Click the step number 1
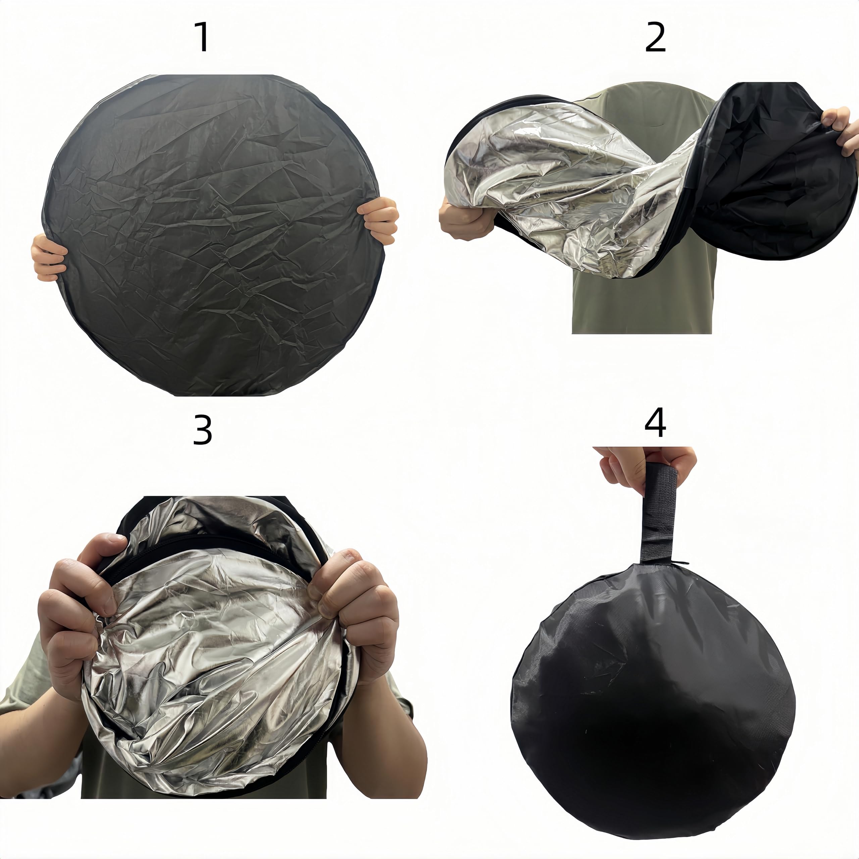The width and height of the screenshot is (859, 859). pyautogui.click(x=203, y=38)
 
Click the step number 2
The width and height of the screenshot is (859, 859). pyautogui.click(x=655, y=38)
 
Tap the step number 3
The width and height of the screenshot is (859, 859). pyautogui.click(x=202, y=431)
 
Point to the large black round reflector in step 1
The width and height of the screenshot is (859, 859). pyautogui.click(x=213, y=236)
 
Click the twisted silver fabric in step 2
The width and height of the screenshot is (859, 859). pyautogui.click(x=573, y=187)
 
